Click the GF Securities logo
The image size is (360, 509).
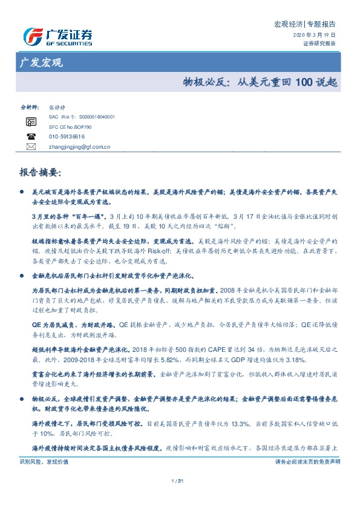(x=57, y=37)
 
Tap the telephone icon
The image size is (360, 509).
(x=31, y=137)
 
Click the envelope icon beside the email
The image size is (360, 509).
(x=31, y=146)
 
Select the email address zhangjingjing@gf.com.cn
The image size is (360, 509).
(x=79, y=146)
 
